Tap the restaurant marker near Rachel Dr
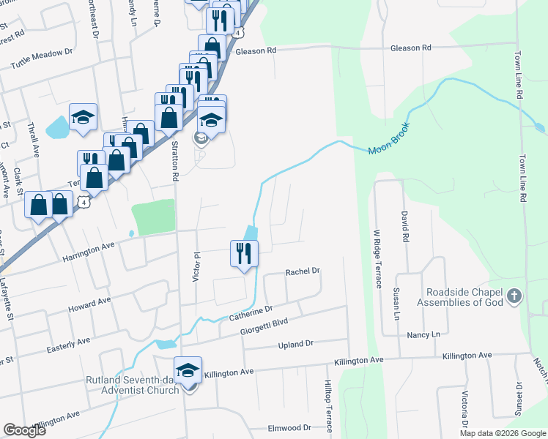tap(244, 253)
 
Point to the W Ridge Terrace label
tap(378, 259)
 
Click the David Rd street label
tap(404, 227)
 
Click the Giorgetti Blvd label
tap(264, 326)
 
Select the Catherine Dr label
tap(251, 314)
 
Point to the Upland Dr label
tap(295, 342)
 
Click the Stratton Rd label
tap(175, 162)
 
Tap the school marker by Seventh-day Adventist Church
tap(188, 370)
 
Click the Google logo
tap(24, 430)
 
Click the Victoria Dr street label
tap(464, 410)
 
